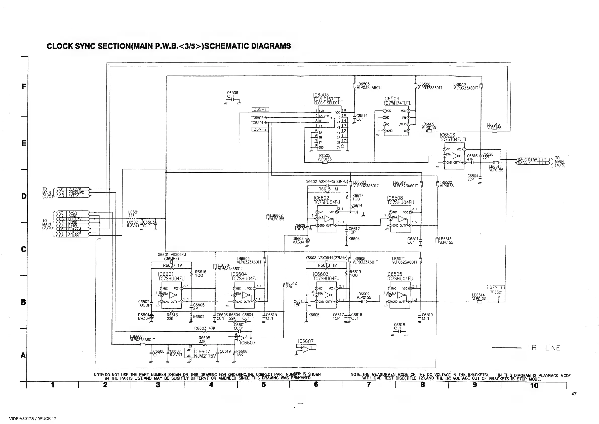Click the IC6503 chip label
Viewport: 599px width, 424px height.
click(x=321, y=95)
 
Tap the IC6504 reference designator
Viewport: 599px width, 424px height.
click(x=391, y=99)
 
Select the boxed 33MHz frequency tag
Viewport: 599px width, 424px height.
click(x=260, y=109)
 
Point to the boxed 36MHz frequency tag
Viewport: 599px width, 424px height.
click(x=260, y=129)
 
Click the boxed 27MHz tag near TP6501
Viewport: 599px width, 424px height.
click(x=496, y=288)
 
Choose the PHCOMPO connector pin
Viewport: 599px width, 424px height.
click(x=76, y=193)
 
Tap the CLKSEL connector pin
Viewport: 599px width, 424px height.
click(x=75, y=236)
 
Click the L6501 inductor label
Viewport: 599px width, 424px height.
click(x=133, y=212)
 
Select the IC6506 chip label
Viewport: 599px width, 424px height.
click(x=447, y=135)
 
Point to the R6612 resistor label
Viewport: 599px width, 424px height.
click(x=291, y=283)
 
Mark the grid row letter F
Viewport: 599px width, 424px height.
click(x=24, y=86)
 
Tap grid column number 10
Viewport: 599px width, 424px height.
click(x=534, y=386)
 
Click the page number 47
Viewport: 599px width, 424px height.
click(x=574, y=394)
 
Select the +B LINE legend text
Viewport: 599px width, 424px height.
click(x=543, y=348)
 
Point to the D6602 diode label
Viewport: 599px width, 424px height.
click(x=298, y=238)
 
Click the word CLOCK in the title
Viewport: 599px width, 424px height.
click(x=59, y=46)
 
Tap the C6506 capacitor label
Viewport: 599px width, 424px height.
click(x=232, y=93)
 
